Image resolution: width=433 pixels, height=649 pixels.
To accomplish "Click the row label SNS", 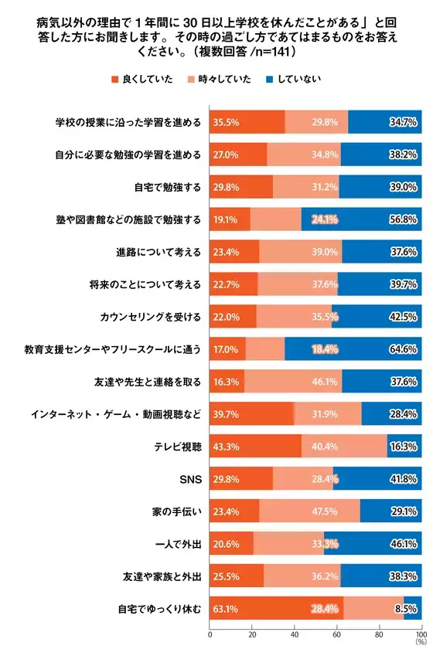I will coord(190,480).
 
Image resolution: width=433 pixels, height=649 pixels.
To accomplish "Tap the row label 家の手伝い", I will coord(177,512).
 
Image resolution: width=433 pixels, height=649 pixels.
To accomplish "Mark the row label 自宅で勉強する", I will coord(167,187).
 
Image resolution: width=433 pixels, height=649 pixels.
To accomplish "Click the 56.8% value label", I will coord(402,219).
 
